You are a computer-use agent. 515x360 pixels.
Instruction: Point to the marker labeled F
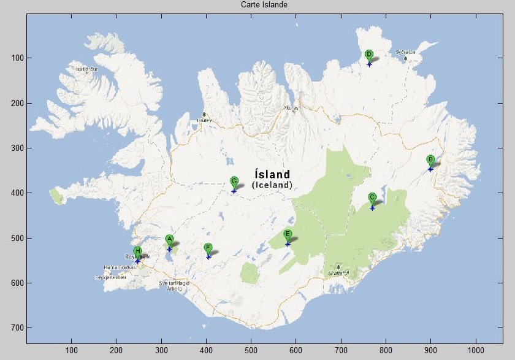tap(208, 248)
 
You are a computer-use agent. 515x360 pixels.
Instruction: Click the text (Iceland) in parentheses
tap(272, 185)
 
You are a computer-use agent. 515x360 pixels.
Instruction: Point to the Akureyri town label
tap(292, 108)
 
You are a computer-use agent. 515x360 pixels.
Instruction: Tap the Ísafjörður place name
tap(86, 69)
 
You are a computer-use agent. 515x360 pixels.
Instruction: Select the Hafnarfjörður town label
tap(120, 268)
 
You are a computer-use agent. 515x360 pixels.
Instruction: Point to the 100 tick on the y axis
tap(17, 58)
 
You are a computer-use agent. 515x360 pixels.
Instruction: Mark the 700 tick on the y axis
tap(17, 327)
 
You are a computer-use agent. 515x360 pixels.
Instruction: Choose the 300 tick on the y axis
tap(17, 148)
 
